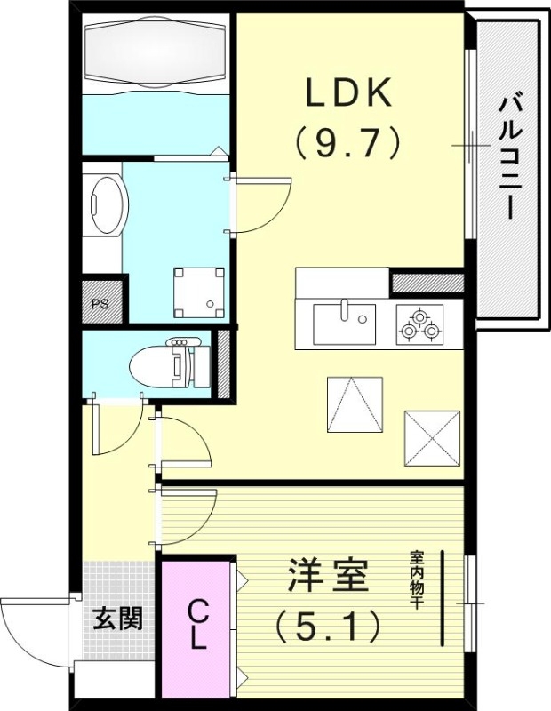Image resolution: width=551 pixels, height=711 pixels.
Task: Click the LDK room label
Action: (348, 92)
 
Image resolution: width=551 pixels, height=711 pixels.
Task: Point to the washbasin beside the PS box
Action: (109, 205)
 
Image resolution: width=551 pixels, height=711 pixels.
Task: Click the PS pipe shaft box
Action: (100, 303)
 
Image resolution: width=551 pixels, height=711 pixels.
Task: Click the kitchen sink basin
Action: (344, 322)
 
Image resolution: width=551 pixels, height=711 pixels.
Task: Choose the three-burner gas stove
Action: (419, 324)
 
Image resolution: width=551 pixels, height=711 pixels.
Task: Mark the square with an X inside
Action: (432, 437)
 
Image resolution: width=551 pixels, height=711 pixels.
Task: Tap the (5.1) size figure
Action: (327, 626)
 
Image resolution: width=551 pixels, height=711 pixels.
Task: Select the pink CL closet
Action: (196, 626)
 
